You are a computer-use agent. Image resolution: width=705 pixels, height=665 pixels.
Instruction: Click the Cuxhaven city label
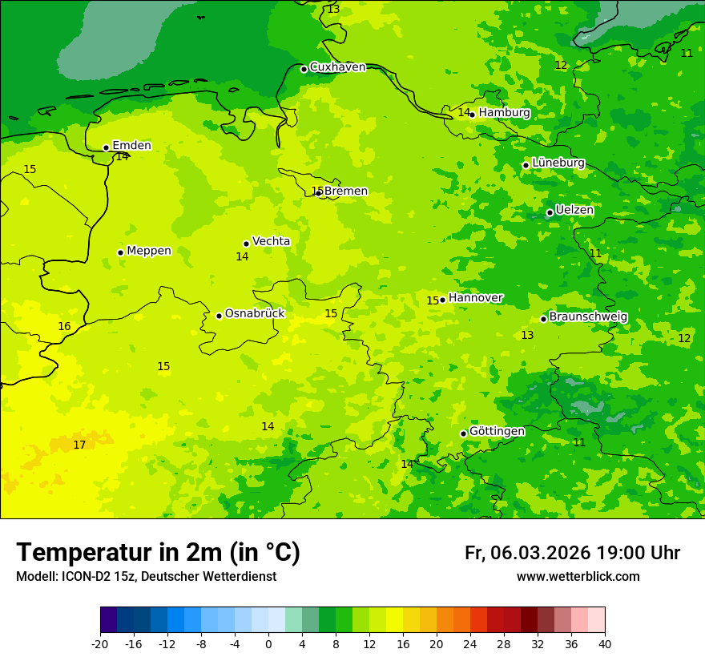click(337, 67)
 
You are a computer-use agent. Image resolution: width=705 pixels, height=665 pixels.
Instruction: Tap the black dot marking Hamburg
click(473, 115)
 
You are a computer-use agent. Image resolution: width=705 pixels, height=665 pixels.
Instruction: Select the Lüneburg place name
click(558, 163)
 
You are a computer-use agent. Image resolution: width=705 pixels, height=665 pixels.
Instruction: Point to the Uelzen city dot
click(550, 212)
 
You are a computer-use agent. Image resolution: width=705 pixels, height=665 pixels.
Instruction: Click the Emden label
click(131, 146)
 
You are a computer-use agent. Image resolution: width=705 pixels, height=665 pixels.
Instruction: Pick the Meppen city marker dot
click(120, 252)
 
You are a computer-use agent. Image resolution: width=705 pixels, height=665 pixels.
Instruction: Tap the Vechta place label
click(271, 241)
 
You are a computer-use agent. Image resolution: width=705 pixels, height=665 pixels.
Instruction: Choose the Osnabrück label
click(255, 313)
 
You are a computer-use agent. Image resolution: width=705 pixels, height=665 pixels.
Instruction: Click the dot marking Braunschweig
click(543, 319)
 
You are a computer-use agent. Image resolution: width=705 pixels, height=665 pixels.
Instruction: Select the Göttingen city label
click(497, 431)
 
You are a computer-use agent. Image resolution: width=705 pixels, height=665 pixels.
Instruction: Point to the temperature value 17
click(79, 445)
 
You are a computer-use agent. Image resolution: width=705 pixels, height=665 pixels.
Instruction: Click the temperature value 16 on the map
click(64, 327)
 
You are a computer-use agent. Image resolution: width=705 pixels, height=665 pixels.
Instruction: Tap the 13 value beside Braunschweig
click(527, 335)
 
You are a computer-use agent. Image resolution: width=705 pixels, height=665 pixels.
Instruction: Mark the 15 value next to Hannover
click(433, 300)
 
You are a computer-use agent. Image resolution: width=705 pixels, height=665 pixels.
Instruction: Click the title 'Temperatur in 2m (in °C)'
click(158, 552)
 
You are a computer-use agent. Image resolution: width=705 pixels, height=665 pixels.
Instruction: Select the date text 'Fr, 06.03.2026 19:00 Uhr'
click(572, 553)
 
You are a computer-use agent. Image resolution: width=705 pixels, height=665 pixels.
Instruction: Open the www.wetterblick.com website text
click(578, 577)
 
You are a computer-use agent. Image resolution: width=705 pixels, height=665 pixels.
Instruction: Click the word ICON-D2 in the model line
click(83, 577)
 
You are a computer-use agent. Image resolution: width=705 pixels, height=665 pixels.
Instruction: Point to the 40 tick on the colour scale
click(605, 643)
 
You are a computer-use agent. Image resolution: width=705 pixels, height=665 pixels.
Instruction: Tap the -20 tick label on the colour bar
click(100, 643)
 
